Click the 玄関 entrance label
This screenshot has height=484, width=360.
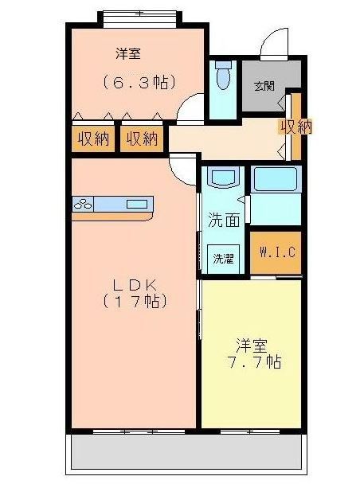264,85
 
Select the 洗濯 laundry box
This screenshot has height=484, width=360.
221,258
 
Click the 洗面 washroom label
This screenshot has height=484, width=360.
223,220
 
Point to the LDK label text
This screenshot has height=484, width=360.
133,284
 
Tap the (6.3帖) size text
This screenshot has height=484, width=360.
139,81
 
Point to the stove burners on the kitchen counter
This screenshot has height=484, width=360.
83,204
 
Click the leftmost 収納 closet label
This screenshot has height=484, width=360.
93,139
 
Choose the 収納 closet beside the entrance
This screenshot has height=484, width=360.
295,126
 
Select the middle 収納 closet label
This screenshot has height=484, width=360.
142,139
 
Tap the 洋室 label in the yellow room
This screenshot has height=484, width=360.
250,345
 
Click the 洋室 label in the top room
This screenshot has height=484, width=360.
130,54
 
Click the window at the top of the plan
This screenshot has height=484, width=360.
139,14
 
